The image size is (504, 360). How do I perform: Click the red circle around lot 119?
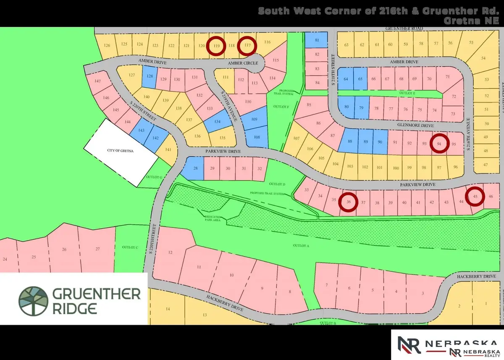(x=216, y=46)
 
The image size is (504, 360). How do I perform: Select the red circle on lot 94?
(x=440, y=144)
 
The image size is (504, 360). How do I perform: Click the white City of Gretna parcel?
(x=121, y=152)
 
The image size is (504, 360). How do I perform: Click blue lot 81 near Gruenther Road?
(x=317, y=40)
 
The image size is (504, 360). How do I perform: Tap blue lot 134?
(x=218, y=121)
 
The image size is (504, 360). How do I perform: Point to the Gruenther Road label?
(x=404, y=29)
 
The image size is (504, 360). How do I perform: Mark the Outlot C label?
(x=129, y=247)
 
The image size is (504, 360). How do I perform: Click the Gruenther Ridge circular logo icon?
(x=33, y=300)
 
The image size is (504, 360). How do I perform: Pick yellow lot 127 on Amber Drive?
(x=132, y=75)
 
